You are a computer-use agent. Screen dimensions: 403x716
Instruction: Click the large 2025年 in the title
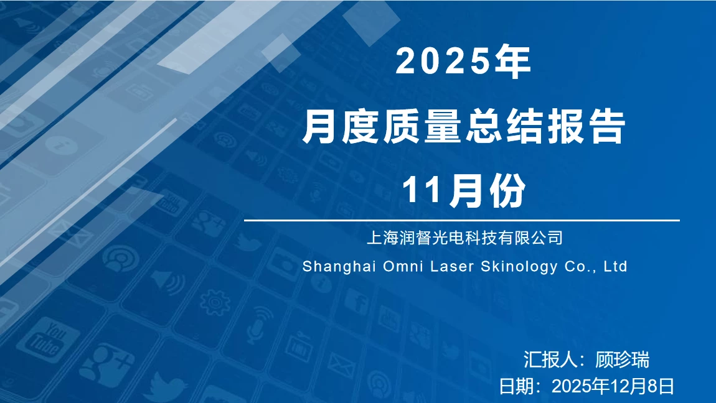tap(463, 62)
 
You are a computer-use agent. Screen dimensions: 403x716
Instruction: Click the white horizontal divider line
tap(461, 220)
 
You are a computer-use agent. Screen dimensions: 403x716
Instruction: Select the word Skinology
tap(519, 267)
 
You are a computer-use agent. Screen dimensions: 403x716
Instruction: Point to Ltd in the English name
tap(615, 267)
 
